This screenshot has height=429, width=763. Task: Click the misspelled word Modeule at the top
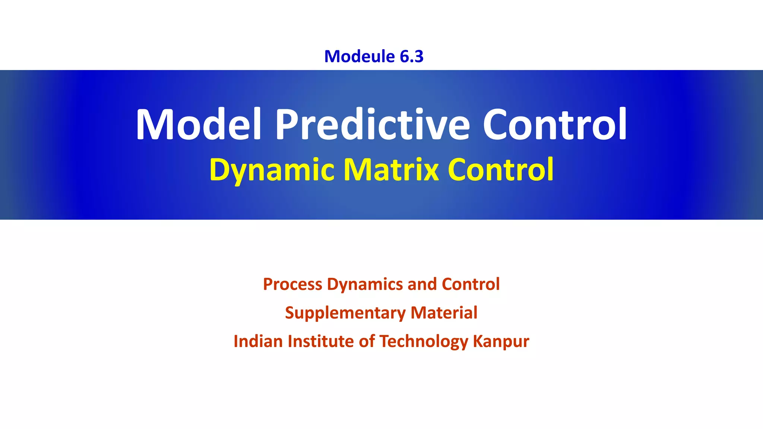tap(359, 56)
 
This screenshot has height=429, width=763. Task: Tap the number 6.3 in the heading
tap(412, 56)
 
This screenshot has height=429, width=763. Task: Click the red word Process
tap(292, 284)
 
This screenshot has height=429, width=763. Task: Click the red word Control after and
tap(471, 284)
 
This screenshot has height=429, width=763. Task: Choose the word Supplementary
tap(345, 313)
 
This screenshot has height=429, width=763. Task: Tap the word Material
tap(444, 313)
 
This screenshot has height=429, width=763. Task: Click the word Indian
tap(258, 341)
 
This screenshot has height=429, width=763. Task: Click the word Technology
tap(424, 341)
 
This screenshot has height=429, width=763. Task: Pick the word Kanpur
tap(501, 341)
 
